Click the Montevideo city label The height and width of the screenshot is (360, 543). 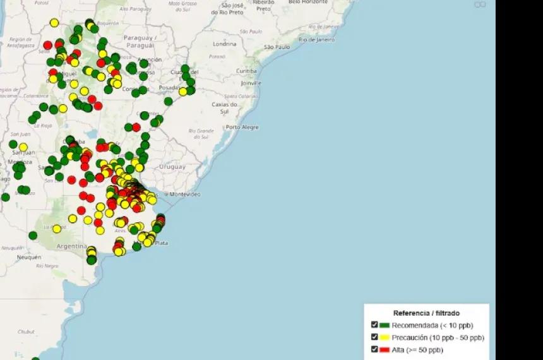click(185, 193)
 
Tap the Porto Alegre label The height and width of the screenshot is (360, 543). click(242, 127)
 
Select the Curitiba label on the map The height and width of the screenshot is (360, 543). click(246, 71)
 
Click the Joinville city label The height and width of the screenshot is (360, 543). click(250, 83)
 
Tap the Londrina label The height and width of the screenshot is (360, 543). click(224, 44)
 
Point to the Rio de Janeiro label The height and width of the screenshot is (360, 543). click(317, 39)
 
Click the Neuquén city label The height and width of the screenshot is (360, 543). click(29, 257)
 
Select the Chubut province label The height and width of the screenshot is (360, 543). click(27, 331)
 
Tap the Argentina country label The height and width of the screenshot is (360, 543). click(71, 246)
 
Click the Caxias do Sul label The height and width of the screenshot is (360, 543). click(224, 107)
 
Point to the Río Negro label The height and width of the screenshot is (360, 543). click(47, 266)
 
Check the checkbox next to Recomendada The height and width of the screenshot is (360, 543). click(375, 325)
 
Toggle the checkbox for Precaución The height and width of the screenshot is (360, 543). click(375, 337)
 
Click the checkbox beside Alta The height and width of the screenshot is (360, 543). click(375, 349)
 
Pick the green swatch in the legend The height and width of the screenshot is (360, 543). click(385, 326)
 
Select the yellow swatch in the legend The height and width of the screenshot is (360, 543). click(385, 338)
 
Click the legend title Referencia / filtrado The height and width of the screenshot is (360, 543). click(426, 313)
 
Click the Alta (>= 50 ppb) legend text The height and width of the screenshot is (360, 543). click(417, 350)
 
